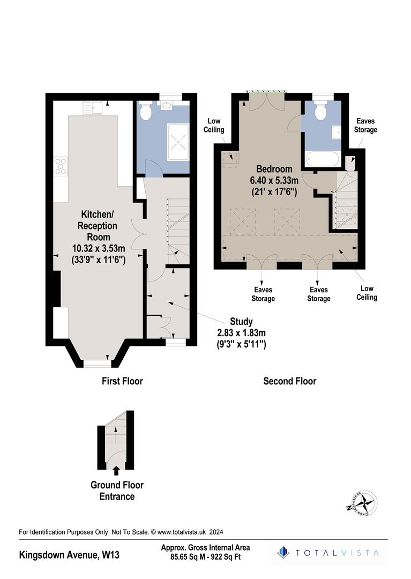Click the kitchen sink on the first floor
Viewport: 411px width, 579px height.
92,108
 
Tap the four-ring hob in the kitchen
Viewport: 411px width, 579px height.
61,167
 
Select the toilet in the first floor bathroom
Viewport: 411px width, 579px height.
144,112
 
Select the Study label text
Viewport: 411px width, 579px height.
241,322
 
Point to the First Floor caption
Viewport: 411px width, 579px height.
122,381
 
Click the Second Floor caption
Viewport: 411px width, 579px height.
289,381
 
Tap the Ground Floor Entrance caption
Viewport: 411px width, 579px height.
117,491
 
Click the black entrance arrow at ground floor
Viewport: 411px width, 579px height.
117,471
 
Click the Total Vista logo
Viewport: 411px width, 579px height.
328,553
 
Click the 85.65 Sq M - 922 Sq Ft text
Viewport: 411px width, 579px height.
205,558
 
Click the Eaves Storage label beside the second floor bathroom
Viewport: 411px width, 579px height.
366,125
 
